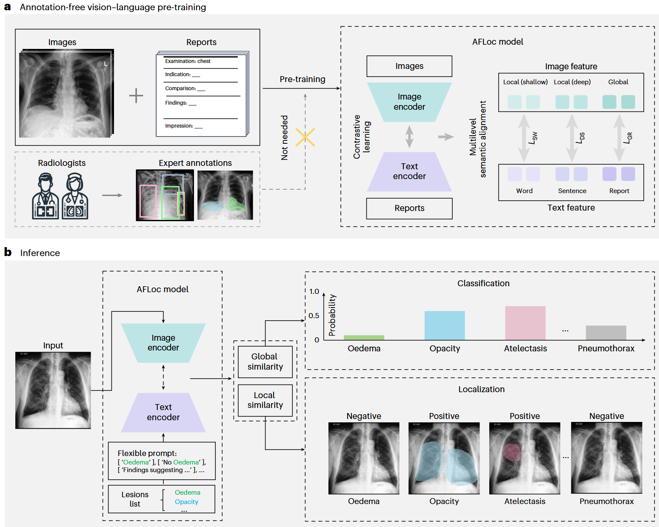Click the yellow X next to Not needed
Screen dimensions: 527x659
point(305,137)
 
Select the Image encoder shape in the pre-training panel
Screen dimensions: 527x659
point(409,102)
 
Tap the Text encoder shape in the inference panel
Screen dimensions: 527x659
point(163,412)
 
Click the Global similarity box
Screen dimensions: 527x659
point(265,362)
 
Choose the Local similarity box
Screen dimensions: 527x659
point(265,400)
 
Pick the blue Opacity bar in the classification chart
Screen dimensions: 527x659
point(445,325)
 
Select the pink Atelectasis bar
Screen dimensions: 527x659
point(525,323)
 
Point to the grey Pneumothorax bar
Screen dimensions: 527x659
point(606,333)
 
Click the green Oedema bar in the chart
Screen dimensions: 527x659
point(364,337)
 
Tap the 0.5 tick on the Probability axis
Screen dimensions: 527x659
point(314,316)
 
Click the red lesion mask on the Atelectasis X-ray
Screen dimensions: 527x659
point(512,453)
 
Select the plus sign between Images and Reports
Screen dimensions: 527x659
point(136,95)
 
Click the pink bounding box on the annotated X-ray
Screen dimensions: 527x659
point(148,201)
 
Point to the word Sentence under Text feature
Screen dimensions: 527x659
point(572,191)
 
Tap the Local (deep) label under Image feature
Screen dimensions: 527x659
point(572,82)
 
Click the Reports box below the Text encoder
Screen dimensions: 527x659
point(409,208)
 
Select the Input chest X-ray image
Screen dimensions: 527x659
point(53,390)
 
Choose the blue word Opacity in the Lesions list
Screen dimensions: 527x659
point(186,502)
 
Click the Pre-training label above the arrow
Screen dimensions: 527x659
point(302,80)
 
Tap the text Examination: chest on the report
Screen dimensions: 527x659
point(188,61)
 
